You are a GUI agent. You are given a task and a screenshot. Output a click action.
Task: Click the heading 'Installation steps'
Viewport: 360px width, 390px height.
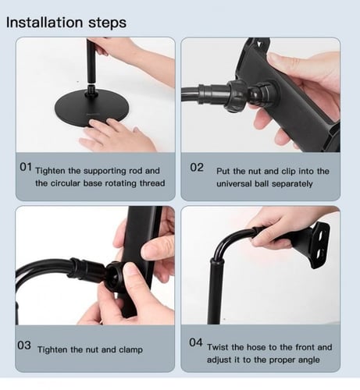tap(66, 23)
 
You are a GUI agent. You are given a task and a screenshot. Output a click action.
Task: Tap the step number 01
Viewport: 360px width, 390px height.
tap(26, 167)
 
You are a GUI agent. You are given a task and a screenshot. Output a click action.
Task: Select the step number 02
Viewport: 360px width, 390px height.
tap(197, 167)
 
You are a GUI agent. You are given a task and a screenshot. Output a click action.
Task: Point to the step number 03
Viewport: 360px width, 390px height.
tap(24, 346)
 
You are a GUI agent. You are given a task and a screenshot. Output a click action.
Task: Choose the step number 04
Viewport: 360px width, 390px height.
tap(196, 342)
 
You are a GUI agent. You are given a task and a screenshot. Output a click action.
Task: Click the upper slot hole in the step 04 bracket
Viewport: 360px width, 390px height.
tap(320, 234)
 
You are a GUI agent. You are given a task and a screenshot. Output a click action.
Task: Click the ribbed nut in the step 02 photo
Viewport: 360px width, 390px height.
tap(237, 96)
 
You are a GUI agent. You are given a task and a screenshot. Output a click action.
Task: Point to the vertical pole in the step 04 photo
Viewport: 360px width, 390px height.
tap(216, 291)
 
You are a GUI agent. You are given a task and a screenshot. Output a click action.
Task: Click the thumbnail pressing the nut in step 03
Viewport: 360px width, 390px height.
tap(129, 269)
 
